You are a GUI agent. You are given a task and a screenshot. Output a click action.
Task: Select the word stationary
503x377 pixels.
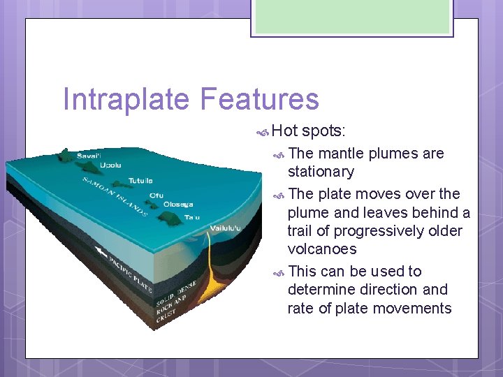coord(321,172)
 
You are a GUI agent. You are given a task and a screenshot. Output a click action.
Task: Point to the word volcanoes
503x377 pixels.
coord(322,249)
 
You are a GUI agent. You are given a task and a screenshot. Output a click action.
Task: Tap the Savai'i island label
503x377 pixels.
coord(89,155)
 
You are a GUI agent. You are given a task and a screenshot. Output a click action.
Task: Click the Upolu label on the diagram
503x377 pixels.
coord(110,166)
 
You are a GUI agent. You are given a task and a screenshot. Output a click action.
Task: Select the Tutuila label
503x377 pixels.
coord(140,181)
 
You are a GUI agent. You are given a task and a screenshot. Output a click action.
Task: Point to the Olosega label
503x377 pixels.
coord(178,205)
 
